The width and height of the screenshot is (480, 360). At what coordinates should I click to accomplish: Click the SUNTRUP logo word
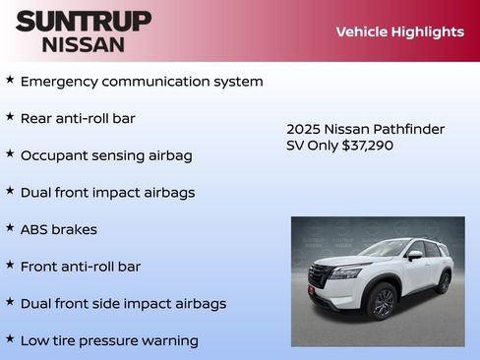[84, 21]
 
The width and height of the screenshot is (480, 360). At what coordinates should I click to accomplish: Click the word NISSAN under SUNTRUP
[84, 44]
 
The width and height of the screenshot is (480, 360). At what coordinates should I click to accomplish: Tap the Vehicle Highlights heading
[399, 31]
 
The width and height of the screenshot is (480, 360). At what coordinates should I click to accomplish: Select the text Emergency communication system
[142, 81]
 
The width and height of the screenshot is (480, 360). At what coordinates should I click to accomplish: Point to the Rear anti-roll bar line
[78, 118]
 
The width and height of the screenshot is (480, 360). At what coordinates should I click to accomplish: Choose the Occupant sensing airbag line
[106, 155]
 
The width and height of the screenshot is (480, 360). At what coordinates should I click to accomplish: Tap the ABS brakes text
[58, 229]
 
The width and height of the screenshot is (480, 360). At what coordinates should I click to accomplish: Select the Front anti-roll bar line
[81, 266]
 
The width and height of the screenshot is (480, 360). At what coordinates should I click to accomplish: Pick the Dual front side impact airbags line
[123, 303]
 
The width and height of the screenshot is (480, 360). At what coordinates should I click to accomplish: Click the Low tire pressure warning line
[109, 340]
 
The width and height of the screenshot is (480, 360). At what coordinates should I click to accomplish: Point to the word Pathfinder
[406, 129]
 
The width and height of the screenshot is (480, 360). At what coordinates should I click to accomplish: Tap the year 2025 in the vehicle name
[303, 129]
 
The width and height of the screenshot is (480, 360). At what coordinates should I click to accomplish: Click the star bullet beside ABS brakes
[10, 227]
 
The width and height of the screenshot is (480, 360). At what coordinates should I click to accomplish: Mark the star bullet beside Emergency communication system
[10, 79]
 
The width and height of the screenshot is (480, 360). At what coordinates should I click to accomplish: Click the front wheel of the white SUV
[383, 301]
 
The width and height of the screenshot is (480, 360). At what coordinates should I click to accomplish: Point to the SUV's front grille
[321, 274]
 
